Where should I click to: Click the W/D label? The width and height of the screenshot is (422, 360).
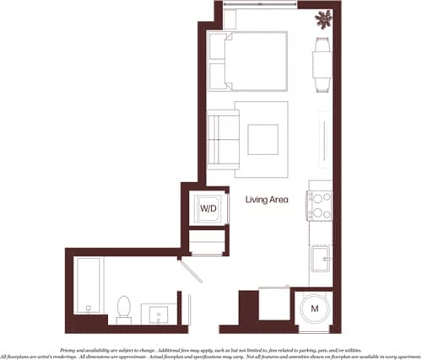207,208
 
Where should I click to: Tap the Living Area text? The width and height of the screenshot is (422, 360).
268,200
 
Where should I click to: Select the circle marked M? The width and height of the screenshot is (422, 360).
314,309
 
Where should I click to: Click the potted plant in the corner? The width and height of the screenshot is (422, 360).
324,19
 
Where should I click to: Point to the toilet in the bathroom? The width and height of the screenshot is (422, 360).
124,308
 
